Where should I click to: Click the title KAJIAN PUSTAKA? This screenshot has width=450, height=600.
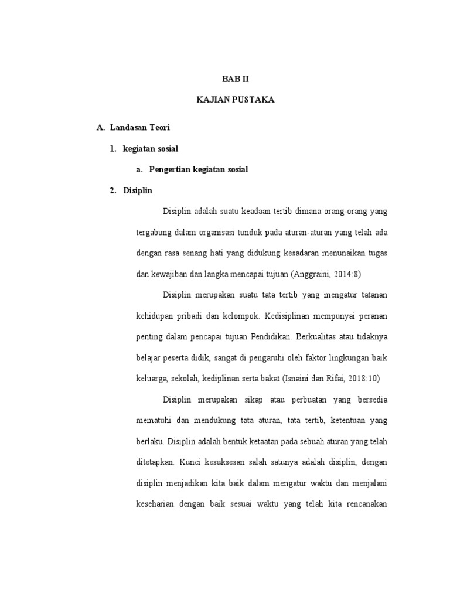click(235, 100)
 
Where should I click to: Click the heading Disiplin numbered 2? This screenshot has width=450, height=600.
click(138, 190)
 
